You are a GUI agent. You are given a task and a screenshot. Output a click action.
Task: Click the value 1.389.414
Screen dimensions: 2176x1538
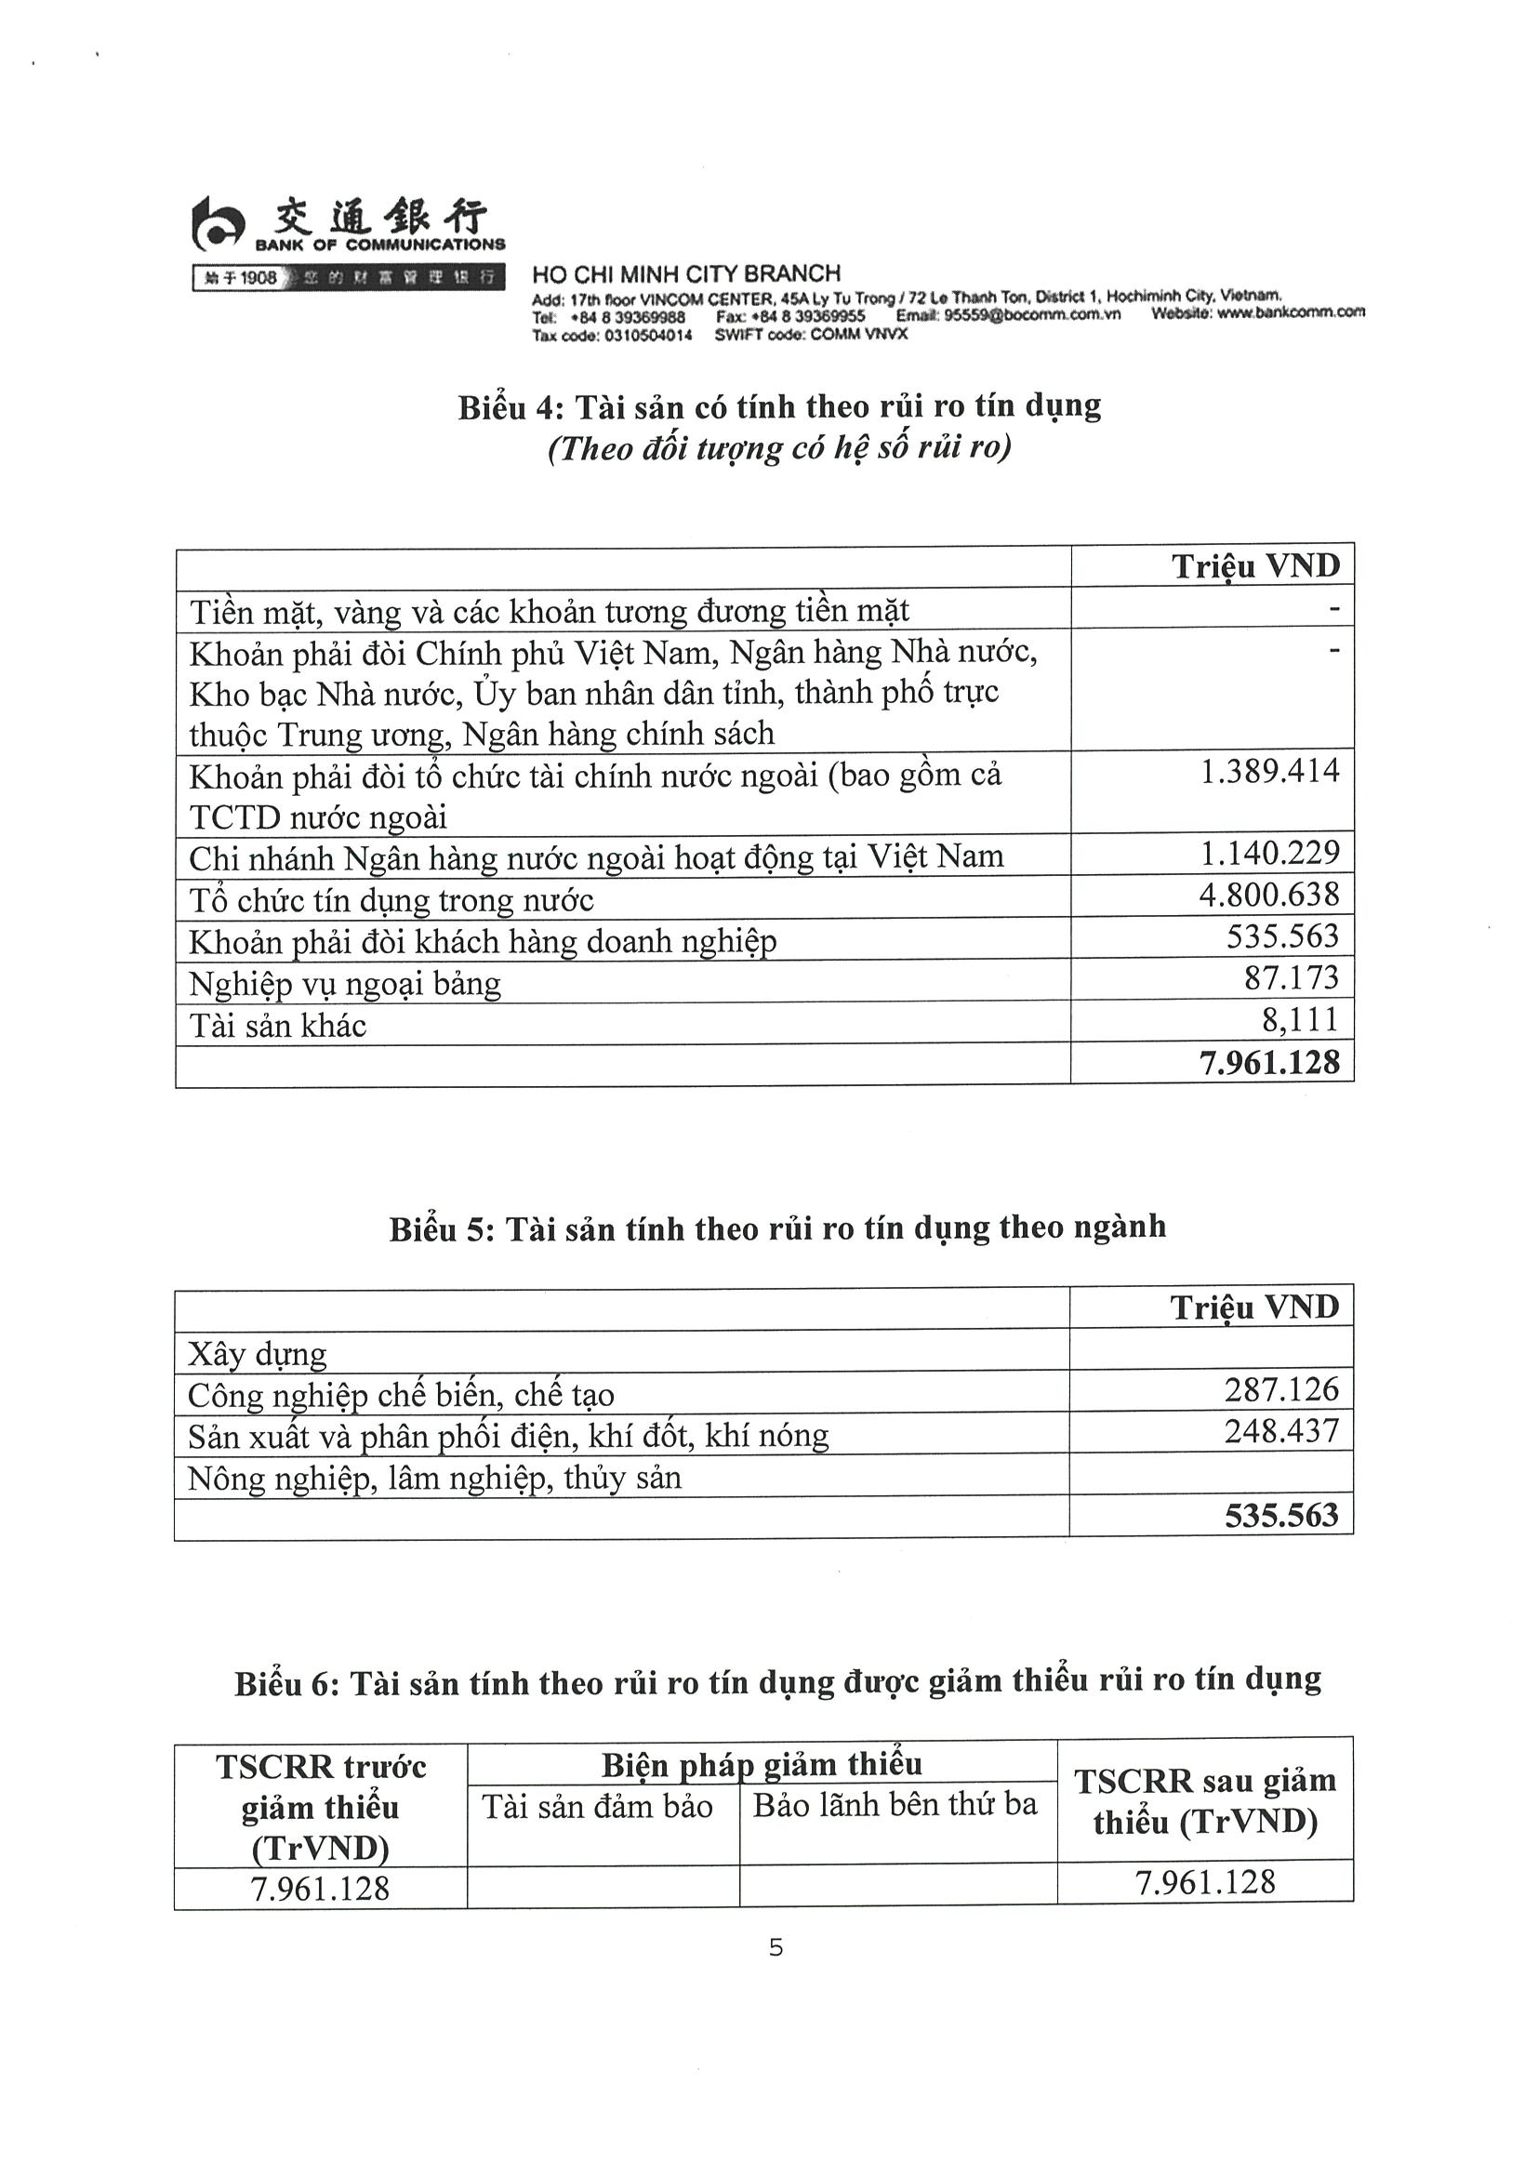[x=1269, y=772]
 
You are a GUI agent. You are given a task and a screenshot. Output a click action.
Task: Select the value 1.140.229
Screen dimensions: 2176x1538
[x=1269, y=854]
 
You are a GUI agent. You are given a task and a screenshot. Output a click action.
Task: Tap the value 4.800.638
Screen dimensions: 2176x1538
[x=1269, y=896]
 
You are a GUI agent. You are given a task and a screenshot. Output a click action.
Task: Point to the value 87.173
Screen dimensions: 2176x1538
[x=1292, y=978]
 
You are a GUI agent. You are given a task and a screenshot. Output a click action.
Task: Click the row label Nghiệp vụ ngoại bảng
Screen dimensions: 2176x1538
[x=345, y=984]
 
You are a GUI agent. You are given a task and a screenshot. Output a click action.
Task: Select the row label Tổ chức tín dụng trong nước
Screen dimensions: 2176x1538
[x=391, y=900]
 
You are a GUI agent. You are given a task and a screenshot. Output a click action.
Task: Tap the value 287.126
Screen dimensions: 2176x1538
[x=1281, y=1389]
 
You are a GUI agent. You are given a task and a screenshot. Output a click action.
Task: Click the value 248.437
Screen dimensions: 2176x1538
[x=1281, y=1431]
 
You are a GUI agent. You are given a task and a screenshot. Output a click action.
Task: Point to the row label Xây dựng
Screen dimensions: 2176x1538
[x=257, y=1353]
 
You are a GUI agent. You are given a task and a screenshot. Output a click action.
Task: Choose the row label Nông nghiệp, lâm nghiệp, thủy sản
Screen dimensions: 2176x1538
[x=434, y=1479]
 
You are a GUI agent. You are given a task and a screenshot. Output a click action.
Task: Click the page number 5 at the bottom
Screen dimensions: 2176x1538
[x=776, y=1947]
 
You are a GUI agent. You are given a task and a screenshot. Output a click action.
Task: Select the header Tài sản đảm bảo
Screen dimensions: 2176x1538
[x=597, y=1807]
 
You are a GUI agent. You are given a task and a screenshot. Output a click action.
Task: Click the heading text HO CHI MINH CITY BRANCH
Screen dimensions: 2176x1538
[x=686, y=274]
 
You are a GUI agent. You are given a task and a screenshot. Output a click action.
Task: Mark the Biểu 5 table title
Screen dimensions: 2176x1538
[x=777, y=1228]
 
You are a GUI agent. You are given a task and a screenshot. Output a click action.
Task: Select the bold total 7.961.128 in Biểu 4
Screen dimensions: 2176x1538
[x=1269, y=1062]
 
